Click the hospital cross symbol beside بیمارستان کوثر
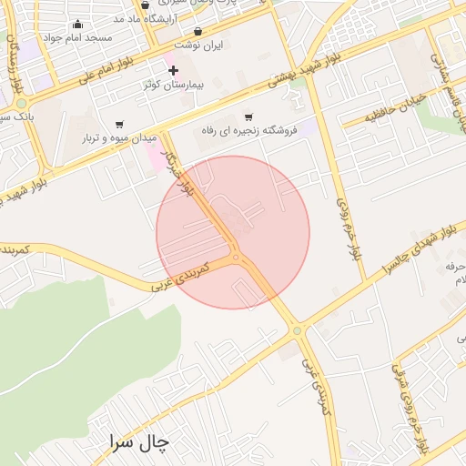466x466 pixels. (173, 70)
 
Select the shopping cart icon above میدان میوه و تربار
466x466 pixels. (119, 124)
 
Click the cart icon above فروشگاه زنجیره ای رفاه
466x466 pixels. (248, 116)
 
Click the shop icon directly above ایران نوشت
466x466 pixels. (198, 31)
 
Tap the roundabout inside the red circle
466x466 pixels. (236, 258)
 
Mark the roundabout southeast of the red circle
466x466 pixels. (297, 330)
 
